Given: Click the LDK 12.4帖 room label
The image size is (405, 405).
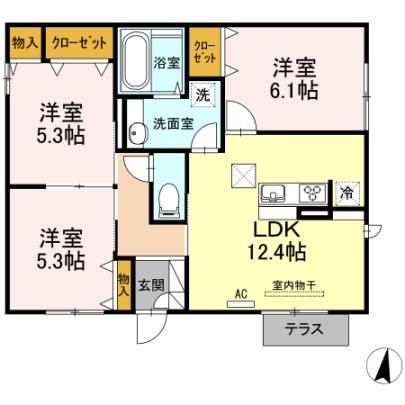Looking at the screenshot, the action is tap(276, 241).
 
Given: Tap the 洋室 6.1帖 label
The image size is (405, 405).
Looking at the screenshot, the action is tap(294, 79).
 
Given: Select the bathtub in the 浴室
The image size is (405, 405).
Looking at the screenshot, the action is tap(135, 60).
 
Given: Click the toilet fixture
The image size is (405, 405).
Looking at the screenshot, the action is tap(169, 201).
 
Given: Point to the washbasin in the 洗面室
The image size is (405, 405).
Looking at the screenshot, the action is tap(137, 132).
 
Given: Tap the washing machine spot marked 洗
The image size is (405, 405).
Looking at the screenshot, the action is tap(203, 95).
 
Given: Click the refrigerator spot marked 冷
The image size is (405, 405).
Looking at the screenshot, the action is tap(347, 193).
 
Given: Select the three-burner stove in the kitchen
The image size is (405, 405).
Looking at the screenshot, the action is tap(312, 193).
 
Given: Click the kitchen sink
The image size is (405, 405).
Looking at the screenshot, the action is tap(273, 193).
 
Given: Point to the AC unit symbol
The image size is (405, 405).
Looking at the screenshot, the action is tap(241, 304).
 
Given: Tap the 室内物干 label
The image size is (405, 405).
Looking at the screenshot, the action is tap(294, 285).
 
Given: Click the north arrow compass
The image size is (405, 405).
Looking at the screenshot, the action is tap(383, 365).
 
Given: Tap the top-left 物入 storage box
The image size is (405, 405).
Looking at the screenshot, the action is tap(25, 43).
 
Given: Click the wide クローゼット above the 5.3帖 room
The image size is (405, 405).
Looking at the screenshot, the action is tap(79, 43).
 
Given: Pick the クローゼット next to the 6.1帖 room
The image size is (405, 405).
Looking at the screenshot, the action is tap(205, 53).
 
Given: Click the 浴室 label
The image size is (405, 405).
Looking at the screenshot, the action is tap(167, 62).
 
